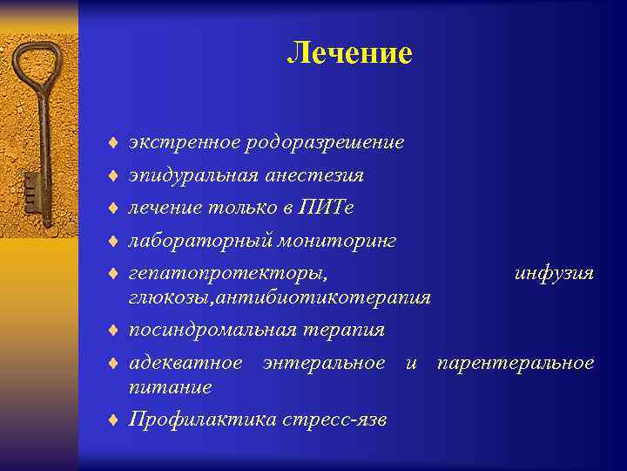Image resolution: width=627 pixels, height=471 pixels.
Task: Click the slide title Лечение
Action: (349, 53)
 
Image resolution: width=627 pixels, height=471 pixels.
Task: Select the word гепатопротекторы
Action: (228, 274)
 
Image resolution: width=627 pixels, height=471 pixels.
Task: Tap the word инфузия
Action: (554, 274)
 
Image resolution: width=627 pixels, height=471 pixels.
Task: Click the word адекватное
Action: (185, 362)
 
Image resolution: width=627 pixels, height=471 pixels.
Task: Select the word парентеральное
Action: (516, 362)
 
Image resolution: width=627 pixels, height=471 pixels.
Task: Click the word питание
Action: (170, 386)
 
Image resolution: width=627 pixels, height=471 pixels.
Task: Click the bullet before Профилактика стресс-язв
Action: (113, 420)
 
